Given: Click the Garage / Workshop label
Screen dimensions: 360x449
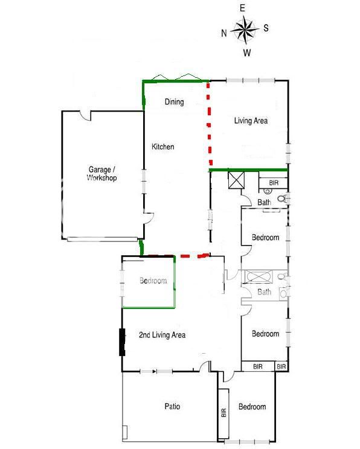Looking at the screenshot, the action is [101, 174].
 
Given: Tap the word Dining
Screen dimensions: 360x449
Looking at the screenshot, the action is [175, 101].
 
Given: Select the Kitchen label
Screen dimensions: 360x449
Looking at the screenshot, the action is [163, 147].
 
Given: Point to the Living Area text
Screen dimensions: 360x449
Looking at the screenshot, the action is [251, 121].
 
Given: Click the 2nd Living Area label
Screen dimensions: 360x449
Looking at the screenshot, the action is [162, 335].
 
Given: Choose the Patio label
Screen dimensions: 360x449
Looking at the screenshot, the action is [172, 406].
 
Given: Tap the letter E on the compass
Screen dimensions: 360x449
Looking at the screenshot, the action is [242, 8].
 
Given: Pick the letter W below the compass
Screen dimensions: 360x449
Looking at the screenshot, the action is [247, 53].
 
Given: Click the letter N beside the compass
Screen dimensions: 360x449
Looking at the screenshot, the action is [224, 33].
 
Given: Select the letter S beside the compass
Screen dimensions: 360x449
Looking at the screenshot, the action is [266, 28].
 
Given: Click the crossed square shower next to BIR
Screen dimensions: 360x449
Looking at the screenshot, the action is [236, 180].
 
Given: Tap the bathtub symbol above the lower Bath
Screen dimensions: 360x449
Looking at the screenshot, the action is [260, 276].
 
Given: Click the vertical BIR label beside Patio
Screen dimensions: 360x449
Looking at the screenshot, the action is [224, 413].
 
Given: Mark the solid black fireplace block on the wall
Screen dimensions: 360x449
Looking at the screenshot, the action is [123, 342].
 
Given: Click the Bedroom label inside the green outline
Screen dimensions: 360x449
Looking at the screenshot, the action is [153, 281].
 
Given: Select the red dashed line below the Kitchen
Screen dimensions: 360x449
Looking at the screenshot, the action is [179, 255].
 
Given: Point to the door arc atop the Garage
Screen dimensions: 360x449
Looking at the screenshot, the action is [85, 115].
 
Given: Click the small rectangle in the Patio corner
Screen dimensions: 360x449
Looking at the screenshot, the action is [124, 432].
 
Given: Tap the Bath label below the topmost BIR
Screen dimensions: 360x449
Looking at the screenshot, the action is [264, 202].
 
